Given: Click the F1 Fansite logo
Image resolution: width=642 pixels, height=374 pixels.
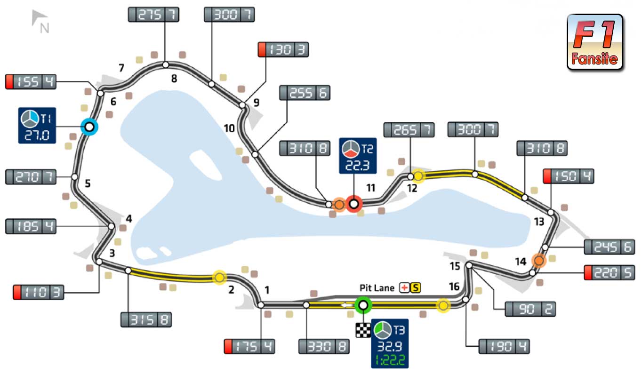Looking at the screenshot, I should click(x=595, y=42).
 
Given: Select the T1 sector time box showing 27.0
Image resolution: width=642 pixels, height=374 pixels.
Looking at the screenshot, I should click(x=37, y=126).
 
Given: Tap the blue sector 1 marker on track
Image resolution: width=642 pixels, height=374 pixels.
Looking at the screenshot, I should click(x=88, y=127).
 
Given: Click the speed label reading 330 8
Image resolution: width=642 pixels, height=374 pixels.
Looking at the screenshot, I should click(x=324, y=347).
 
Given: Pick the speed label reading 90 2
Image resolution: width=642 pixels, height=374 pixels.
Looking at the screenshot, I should click(x=530, y=309).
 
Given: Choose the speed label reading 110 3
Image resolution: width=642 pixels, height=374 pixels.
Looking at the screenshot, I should click(x=39, y=292).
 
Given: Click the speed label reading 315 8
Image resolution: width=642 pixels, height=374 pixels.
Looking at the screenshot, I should click(x=146, y=319).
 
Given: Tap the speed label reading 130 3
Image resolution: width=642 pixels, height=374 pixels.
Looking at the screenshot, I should click(x=283, y=49).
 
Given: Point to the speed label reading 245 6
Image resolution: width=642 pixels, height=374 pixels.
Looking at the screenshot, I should click(x=609, y=247).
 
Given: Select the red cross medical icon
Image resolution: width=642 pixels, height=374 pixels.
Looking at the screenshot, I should click(x=404, y=287).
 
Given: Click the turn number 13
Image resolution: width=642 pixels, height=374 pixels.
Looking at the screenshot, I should click(x=538, y=221).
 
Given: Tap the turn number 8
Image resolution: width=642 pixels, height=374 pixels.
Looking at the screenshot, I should click(x=174, y=79).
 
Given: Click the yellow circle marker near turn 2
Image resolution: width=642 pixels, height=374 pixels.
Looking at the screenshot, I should click(x=219, y=278).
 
